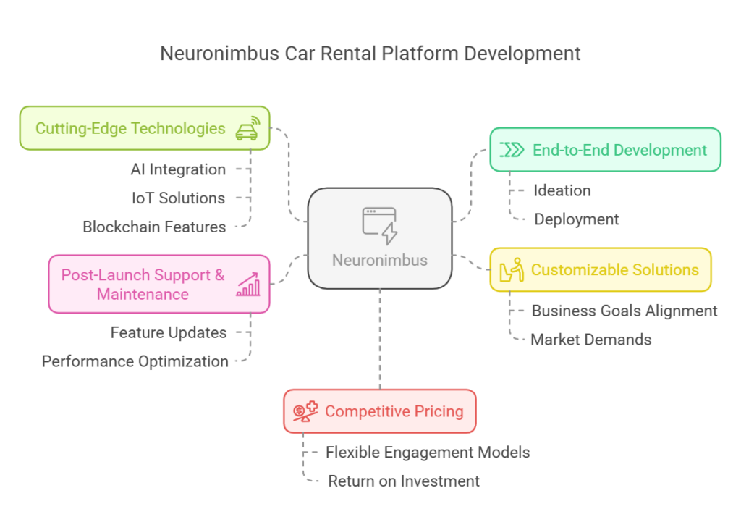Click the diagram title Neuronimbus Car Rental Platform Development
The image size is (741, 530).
click(370, 54)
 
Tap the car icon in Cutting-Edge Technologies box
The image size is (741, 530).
click(247, 128)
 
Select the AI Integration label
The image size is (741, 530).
click(178, 169)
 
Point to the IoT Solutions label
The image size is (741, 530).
click(178, 198)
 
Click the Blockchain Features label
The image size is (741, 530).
click(154, 227)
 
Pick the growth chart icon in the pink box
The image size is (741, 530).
click(247, 285)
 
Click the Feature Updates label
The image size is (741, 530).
click(169, 332)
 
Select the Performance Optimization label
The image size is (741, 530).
click(135, 361)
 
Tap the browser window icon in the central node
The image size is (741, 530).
click(379, 224)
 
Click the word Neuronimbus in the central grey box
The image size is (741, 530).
click(380, 260)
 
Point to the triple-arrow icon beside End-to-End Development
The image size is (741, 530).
click(512, 150)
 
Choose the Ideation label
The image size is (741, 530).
click(562, 190)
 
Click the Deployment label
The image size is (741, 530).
click(577, 219)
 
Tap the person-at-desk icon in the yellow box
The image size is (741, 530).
click(511, 270)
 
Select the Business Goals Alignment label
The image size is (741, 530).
click(624, 311)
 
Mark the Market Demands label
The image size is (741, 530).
click(591, 340)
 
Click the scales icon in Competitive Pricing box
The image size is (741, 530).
click(305, 411)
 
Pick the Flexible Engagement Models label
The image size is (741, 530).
click(428, 453)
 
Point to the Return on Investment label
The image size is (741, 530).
click(404, 481)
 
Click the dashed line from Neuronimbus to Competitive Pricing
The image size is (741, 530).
click(380, 340)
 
